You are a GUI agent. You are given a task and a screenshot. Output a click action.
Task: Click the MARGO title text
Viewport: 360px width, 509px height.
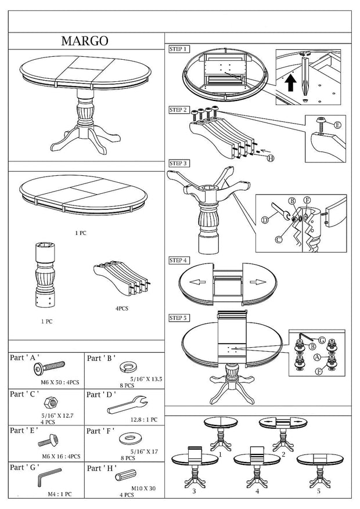(85, 41)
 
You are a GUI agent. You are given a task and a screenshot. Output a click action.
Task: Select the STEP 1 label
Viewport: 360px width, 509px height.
(178, 49)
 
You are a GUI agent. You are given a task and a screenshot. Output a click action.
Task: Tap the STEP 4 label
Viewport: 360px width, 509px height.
(178, 261)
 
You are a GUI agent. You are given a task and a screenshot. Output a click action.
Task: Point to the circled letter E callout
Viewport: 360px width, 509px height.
(338, 125)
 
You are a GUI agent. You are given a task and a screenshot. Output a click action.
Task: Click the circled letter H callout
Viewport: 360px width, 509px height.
(270, 158)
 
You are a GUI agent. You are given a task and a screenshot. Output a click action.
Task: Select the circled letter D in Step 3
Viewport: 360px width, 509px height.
(265, 221)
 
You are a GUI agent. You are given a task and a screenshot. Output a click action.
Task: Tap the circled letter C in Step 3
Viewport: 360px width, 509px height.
(279, 240)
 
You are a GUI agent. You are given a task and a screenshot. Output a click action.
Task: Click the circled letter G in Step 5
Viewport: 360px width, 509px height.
(322, 340)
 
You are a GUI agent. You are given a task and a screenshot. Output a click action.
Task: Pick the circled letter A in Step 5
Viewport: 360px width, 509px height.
(317, 358)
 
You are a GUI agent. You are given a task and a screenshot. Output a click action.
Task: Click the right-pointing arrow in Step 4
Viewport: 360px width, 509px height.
(258, 281)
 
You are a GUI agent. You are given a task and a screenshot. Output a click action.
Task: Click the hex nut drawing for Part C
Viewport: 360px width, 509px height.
(51, 403)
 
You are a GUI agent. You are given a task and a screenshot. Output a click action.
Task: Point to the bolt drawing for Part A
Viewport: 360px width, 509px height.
(49, 368)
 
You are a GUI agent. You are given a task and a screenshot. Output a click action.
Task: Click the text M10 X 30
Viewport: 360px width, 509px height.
(143, 488)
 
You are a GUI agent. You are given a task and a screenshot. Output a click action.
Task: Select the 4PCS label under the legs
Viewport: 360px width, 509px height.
(122, 308)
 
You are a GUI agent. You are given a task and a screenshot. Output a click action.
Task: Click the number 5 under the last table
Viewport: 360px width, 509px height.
(318, 491)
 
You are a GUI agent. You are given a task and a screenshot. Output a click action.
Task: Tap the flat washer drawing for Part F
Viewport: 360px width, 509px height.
(129, 438)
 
